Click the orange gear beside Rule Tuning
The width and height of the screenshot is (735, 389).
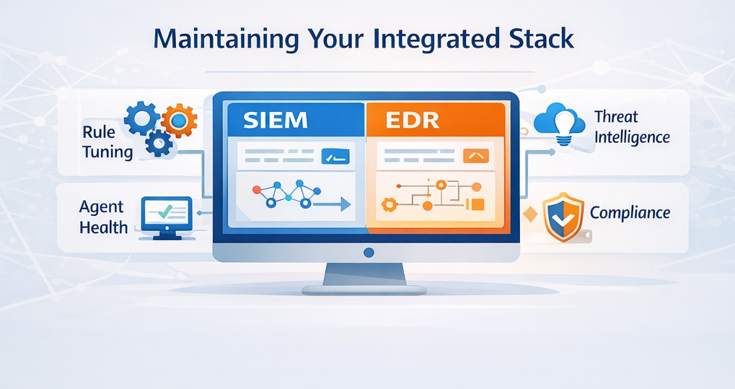177,120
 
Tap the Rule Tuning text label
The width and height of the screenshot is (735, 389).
107,142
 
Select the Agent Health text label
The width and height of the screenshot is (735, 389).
104,217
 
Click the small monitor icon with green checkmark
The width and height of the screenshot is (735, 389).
165,214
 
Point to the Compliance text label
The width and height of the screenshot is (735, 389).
630,213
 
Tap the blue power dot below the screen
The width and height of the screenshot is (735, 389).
369,252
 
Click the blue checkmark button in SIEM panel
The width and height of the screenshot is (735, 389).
335,156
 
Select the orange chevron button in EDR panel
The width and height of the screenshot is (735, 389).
476,155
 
